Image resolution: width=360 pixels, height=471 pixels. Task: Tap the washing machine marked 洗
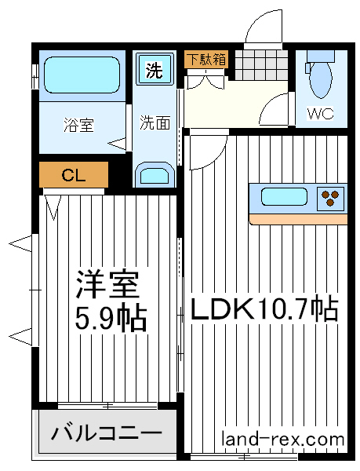pyautogui.click(x=155, y=69)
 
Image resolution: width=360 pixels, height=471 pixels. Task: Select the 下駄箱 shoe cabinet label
pyautogui.click(x=206, y=60)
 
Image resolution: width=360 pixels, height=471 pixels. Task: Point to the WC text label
pyautogui.click(x=321, y=114)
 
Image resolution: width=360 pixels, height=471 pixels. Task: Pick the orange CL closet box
pyautogui.click(x=74, y=174)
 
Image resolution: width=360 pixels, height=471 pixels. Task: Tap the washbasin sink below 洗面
pyautogui.click(x=155, y=175)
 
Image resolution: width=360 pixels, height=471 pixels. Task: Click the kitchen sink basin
pyautogui.click(x=284, y=197)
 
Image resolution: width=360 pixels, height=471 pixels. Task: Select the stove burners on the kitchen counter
pyautogui.click(x=330, y=198)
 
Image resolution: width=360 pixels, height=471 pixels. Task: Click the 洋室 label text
pyautogui.click(x=108, y=285)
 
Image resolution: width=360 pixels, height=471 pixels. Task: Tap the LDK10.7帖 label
pyautogui.click(x=264, y=309)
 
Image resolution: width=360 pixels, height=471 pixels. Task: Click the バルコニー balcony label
pyautogui.click(x=107, y=433)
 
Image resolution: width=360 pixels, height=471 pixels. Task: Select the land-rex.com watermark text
pyautogui.click(x=282, y=439)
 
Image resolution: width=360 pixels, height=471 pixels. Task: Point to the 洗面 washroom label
pyautogui.click(x=155, y=122)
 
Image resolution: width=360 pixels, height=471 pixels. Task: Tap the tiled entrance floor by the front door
pyautogui.click(x=260, y=65)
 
